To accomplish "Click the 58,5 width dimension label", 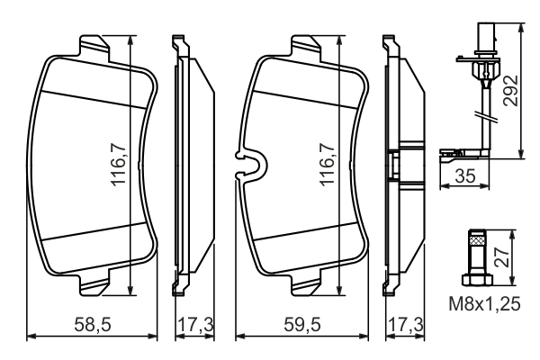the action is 93,325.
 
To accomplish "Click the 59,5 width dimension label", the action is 302,325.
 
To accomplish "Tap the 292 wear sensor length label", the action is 510,91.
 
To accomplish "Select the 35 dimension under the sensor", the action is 465,176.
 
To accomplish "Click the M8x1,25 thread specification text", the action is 484,304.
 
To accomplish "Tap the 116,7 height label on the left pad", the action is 119,165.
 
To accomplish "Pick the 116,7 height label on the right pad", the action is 328,165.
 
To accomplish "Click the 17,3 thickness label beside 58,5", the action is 195,325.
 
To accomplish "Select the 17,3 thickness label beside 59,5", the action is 406,325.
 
